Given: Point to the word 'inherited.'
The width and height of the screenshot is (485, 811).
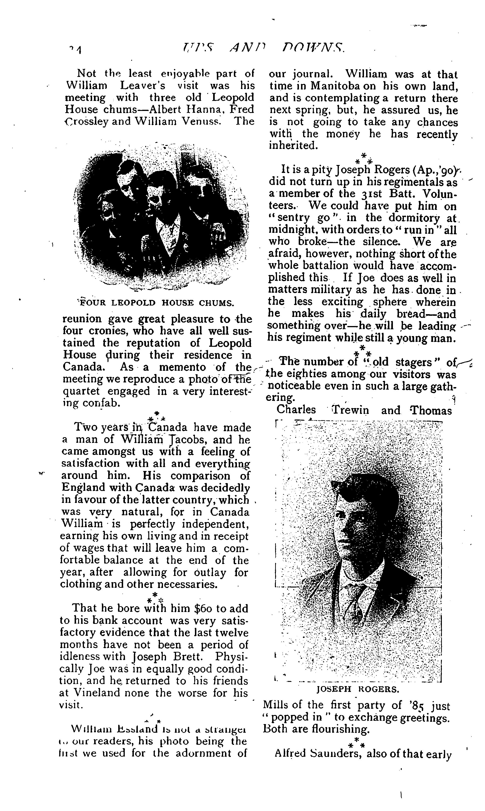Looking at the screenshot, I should [x=293, y=146].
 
